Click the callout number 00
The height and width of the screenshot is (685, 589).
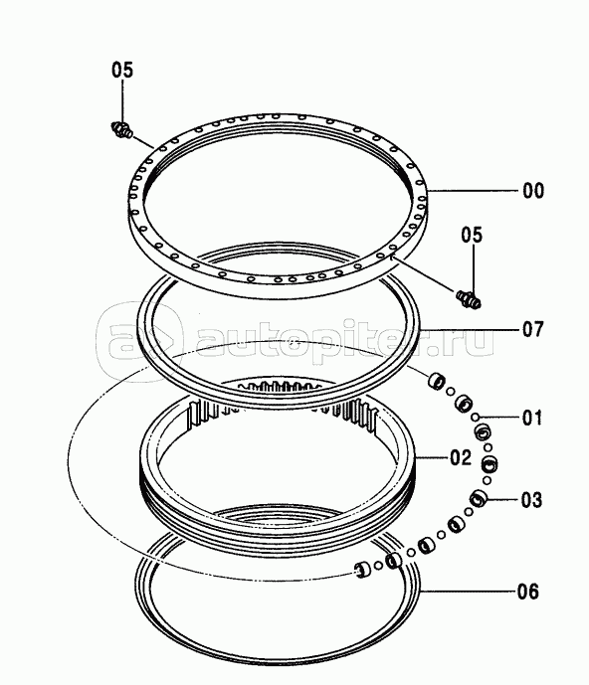pos(533,191)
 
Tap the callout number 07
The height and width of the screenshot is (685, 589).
pos(532,329)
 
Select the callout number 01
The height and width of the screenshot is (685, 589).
pos(532,419)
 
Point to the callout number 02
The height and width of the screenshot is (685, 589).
pos(461,457)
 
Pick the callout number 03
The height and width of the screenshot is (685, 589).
pos(531,500)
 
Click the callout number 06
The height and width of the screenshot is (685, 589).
pos(528,592)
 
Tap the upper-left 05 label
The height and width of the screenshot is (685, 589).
pos(122,70)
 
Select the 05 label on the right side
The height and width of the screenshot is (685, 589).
pos(472,235)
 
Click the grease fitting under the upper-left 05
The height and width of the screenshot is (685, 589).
pos(121,130)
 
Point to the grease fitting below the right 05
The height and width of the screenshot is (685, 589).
pos(469,299)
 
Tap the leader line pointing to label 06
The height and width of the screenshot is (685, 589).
pos(467,592)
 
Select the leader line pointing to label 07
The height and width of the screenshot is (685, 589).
pos(469,329)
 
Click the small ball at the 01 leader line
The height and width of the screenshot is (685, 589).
pos(476,417)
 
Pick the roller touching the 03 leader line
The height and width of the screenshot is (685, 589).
pos(480,498)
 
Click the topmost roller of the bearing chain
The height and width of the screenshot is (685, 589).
pos(437,380)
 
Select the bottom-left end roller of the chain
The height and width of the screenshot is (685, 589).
pos(362,570)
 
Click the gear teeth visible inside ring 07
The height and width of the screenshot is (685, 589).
pos(280,387)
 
